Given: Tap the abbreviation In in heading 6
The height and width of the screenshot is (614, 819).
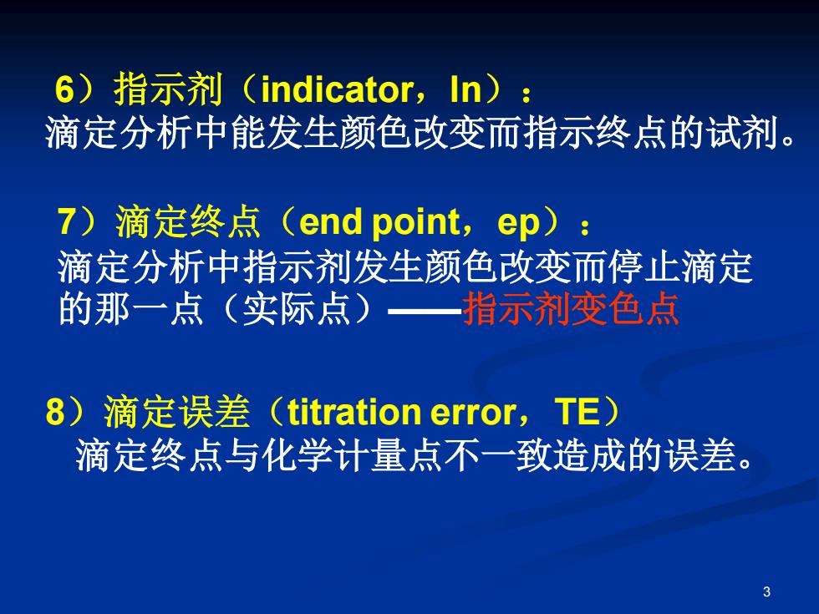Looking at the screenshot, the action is pyautogui.click(x=465, y=89).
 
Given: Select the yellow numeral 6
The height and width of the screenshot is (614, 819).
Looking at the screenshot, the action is pyautogui.click(x=65, y=89).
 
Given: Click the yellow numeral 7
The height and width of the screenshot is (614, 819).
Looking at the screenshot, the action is pyautogui.click(x=68, y=221).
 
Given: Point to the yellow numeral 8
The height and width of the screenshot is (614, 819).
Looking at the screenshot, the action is pyautogui.click(x=55, y=411).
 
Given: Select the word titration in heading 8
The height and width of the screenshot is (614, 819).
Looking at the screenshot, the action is pyautogui.click(x=354, y=412).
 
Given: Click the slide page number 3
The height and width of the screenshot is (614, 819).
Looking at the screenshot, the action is pyautogui.click(x=767, y=591).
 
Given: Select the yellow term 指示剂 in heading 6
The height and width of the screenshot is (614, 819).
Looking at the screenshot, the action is pyautogui.click(x=168, y=89).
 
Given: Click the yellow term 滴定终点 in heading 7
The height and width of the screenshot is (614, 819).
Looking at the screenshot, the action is pyautogui.click(x=189, y=221).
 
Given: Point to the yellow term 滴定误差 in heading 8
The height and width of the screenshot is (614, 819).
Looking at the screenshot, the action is pyautogui.click(x=177, y=411).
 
